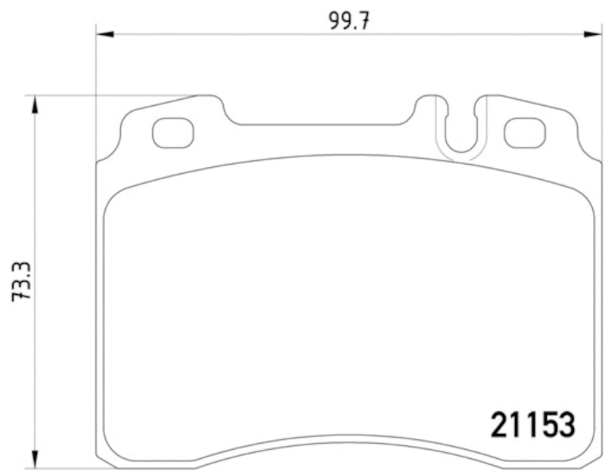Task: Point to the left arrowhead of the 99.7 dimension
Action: tap(104, 33)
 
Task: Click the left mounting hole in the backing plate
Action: tap(172, 134)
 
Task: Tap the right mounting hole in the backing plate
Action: tap(524, 134)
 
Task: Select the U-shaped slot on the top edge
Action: tap(460, 132)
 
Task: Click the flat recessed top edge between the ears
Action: tap(321, 124)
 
